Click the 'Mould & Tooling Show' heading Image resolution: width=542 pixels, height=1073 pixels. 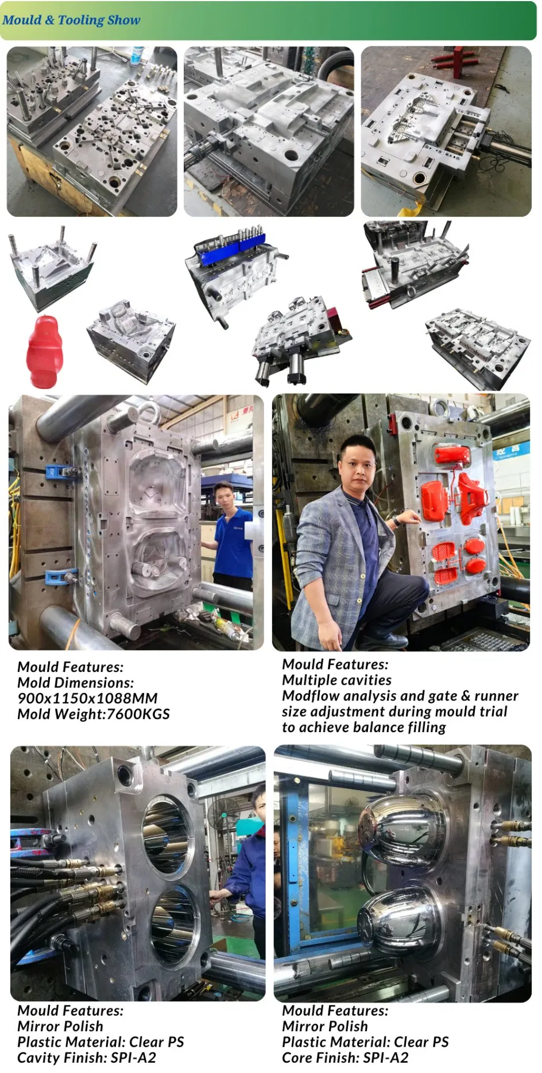[71, 20]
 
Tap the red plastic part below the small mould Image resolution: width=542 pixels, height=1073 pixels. [44, 351]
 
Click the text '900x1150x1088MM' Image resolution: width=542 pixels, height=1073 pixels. [87, 698]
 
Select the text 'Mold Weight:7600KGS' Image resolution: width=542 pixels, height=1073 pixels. [94, 714]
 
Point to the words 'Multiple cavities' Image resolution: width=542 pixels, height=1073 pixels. [336, 680]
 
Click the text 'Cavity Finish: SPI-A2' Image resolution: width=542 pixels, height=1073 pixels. [87, 1058]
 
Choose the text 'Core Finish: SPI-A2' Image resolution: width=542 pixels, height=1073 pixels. [345, 1058]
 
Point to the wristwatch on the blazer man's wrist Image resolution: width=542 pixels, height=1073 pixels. [396, 521]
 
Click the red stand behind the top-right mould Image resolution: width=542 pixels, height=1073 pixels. [458, 60]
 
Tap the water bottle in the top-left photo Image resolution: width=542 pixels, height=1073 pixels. [137, 56]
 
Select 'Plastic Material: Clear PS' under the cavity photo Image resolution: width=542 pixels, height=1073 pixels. [100, 1042]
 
